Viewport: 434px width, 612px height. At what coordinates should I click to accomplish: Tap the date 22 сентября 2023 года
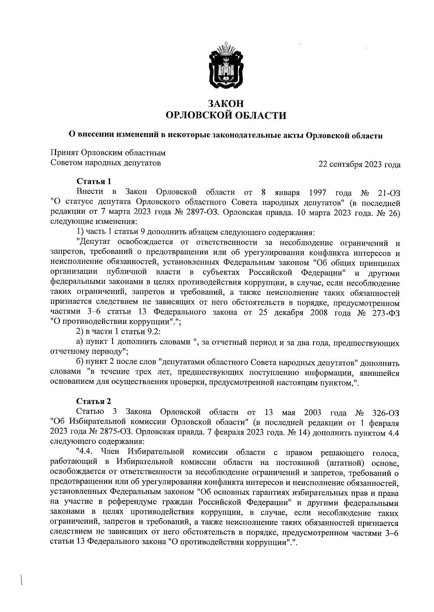pos(359,165)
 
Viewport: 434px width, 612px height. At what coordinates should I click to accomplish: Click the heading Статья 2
pos(93,401)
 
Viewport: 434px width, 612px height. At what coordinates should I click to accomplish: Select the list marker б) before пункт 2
pos(80,362)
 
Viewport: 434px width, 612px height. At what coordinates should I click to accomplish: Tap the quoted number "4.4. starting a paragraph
pos(85,452)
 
